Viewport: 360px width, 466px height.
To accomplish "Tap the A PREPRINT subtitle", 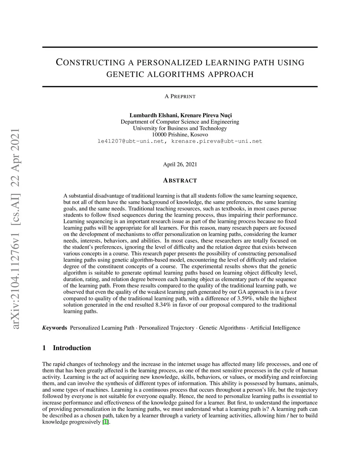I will pos(180,96).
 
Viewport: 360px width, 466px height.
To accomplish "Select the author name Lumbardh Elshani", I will pos(154,115).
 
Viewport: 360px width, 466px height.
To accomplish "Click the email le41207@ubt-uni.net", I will pos(133,141).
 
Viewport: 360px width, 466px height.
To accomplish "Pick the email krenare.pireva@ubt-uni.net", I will pos(217,141).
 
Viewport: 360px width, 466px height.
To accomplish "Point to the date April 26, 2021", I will pos(180,164).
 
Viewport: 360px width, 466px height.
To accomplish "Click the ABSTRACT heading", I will pos(180,180).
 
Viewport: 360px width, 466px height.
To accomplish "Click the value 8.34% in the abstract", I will pos(163,305).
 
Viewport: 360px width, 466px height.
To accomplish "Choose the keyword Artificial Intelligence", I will pos(275,328).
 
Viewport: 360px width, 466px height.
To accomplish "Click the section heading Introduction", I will pos(72,348).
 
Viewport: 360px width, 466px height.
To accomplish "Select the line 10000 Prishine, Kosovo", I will pos(180,134).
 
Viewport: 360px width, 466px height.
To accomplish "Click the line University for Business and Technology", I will pos(180,128).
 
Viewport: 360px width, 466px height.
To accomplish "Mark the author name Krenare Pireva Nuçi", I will pos(206,115).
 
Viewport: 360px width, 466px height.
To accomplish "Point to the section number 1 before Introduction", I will pos(44,348).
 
